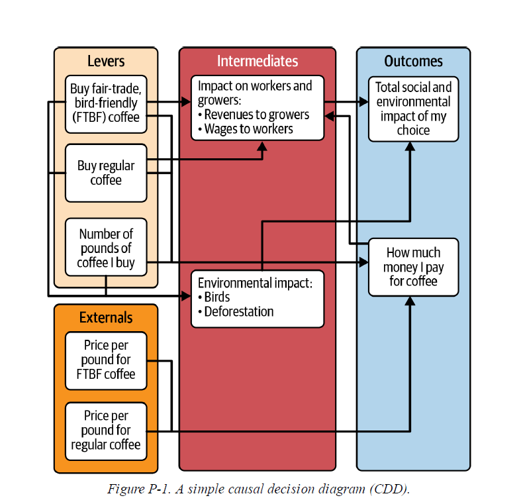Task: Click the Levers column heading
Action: [106, 61]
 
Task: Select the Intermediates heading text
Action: [258, 61]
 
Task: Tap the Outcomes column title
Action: [414, 61]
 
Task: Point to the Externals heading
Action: [106, 317]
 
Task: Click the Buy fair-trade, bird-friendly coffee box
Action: [106, 104]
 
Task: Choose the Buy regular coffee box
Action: [106, 173]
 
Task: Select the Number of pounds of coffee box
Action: [106, 247]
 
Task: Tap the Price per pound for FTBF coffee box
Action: [106, 360]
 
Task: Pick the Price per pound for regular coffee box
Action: [106, 431]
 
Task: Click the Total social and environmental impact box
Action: [414, 109]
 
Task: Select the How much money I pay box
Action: [414, 267]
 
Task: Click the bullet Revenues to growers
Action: [254, 115]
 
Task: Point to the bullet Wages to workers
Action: [246, 129]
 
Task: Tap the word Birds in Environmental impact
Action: [217, 297]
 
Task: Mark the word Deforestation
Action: [239, 312]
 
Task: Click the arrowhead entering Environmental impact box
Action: [186, 296]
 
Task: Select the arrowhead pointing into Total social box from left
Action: [363, 102]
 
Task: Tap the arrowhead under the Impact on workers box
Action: [262, 146]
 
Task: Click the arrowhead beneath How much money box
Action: [410, 301]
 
